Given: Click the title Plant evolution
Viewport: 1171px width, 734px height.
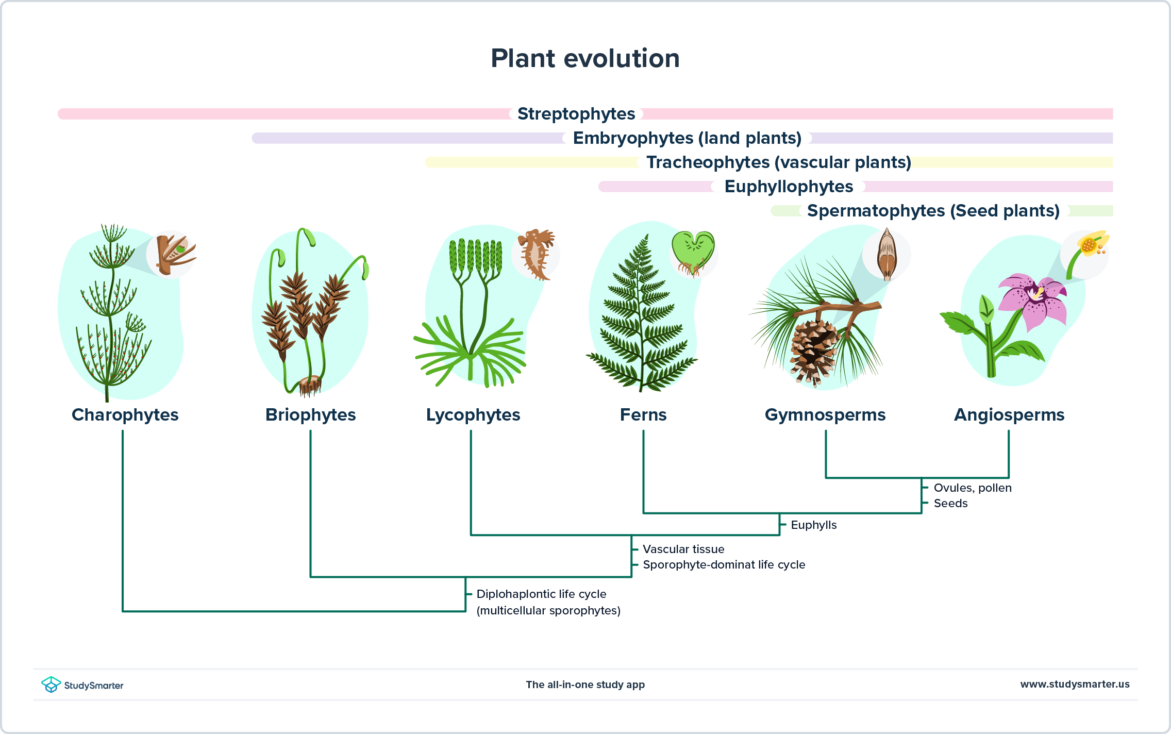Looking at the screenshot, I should [585, 58].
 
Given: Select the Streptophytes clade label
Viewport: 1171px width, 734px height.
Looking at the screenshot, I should [576, 114].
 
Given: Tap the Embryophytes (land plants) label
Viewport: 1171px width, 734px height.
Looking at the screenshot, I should [687, 138].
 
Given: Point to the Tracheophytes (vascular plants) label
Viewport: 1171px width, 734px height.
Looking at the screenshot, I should [778, 162].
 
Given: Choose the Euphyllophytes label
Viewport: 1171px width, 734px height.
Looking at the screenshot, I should [788, 187].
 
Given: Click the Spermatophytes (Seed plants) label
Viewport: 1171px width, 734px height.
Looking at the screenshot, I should [933, 211].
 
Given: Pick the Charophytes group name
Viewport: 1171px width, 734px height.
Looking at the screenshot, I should [125, 415].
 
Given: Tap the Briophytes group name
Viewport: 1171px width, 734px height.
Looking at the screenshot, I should [310, 415].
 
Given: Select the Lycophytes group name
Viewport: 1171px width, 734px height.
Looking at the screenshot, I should [473, 415].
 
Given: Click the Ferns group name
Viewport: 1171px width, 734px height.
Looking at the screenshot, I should [643, 415].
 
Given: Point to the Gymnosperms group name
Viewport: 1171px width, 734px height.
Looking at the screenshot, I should [825, 415].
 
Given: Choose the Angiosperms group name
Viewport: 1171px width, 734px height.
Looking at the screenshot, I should [1009, 415].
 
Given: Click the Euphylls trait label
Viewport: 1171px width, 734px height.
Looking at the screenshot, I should [813, 525].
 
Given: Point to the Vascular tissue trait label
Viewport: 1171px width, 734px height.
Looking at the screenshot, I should [683, 549].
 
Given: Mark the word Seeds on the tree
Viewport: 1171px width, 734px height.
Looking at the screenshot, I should [950, 504].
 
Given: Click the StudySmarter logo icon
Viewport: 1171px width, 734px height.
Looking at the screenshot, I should [51, 685].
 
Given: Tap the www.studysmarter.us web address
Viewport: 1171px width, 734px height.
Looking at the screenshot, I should [1075, 685].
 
